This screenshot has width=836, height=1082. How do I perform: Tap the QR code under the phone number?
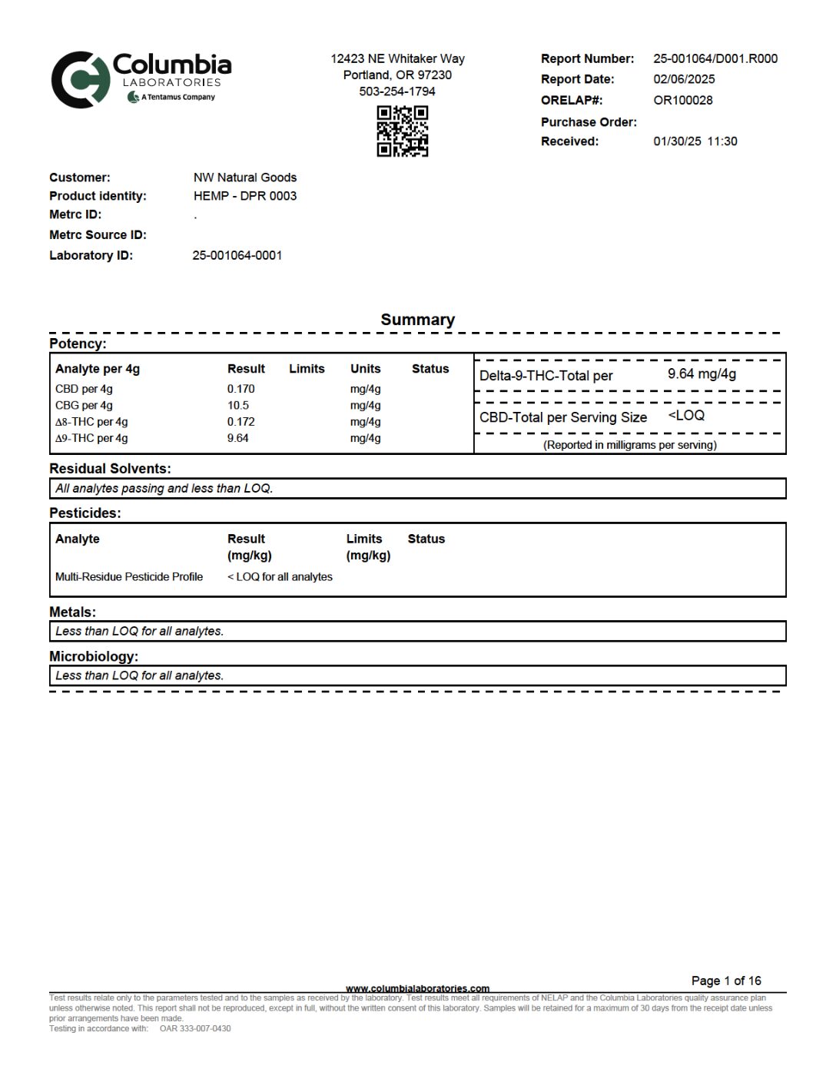402,131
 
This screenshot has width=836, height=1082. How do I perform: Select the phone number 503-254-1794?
397,91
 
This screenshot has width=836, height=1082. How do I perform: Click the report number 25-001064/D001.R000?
715,58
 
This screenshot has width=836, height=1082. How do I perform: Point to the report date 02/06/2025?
684,79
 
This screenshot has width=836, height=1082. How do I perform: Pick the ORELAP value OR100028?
683,100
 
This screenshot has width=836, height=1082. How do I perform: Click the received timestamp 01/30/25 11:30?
695,141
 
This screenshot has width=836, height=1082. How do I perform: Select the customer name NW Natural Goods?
245,178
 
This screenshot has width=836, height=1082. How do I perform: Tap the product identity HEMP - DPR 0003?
245,196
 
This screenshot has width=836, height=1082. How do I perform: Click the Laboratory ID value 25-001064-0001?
237,255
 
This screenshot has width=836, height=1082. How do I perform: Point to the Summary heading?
418,320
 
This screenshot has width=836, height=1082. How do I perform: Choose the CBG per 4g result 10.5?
238,406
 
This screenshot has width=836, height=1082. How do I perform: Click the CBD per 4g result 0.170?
241,389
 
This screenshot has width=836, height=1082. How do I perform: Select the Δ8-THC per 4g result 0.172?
241,422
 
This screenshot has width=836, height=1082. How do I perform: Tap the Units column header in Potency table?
366,369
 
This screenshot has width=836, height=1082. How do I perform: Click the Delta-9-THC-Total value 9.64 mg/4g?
702,374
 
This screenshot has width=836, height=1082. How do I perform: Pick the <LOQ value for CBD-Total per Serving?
686,416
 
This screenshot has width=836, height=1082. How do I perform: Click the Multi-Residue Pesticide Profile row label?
129,577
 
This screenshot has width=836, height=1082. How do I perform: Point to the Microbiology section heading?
94,657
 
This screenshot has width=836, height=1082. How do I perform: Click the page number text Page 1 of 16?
726,981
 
